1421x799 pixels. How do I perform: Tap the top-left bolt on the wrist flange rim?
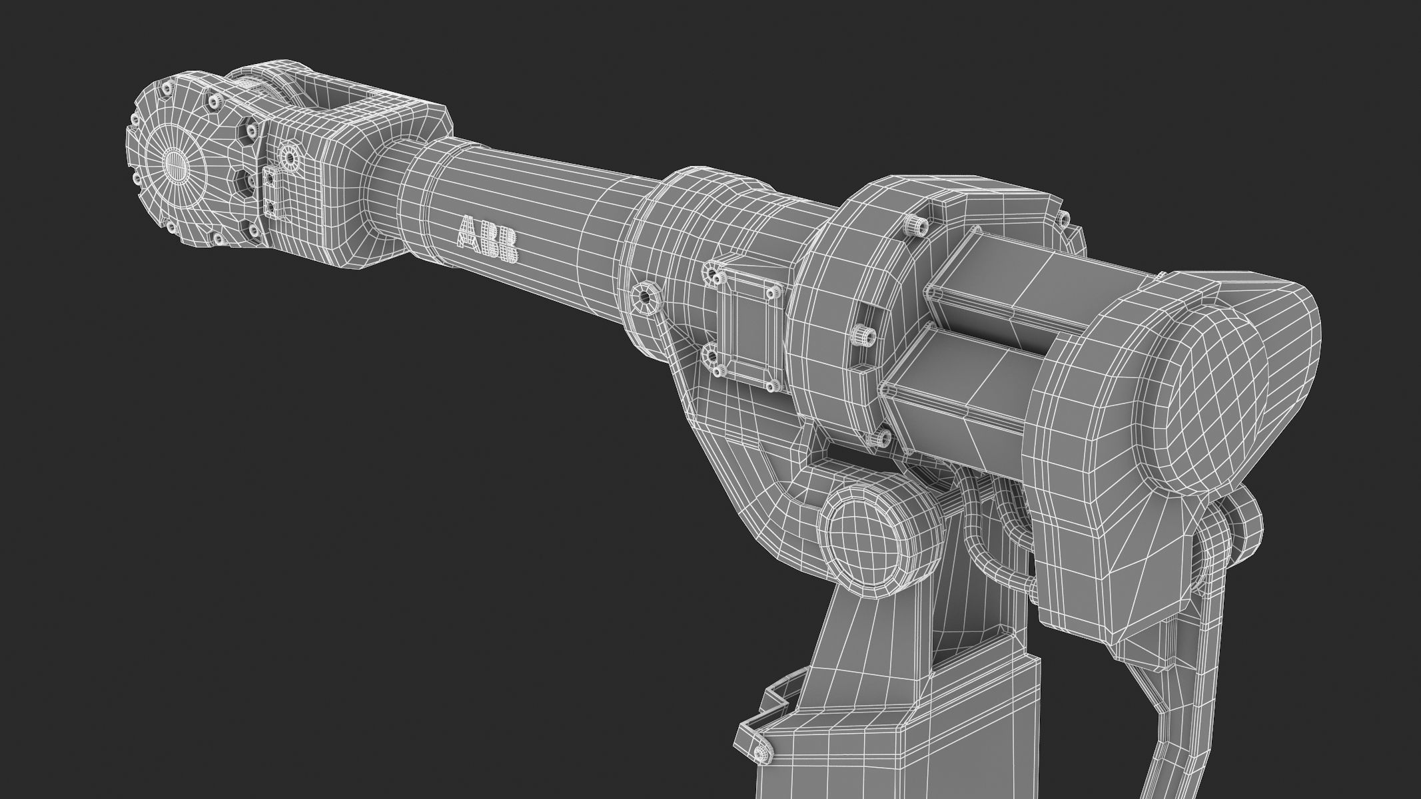(x=167, y=87)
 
